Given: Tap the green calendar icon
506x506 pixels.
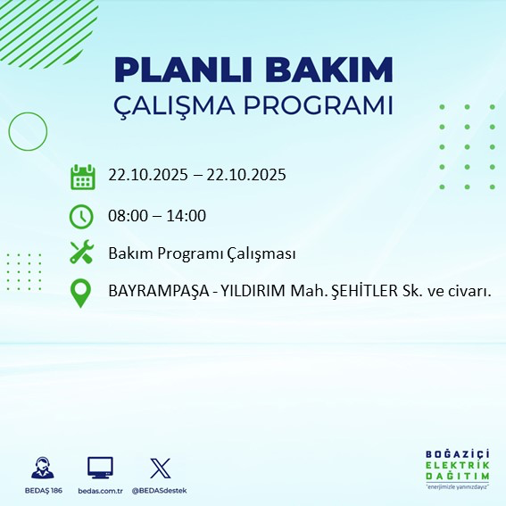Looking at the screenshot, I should (82, 176).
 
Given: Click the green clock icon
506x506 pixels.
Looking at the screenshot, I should (81, 215).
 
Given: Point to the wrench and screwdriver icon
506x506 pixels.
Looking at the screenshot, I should (82, 253).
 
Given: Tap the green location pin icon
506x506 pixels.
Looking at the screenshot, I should (81, 293).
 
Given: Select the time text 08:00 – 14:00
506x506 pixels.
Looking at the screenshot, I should (157, 215).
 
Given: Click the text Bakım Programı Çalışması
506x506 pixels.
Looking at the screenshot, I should (202, 253).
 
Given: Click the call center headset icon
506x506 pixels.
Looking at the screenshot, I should (41, 468).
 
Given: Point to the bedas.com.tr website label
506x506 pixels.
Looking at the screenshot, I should (99, 491).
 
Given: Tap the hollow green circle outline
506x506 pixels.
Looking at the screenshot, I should (28, 131).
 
